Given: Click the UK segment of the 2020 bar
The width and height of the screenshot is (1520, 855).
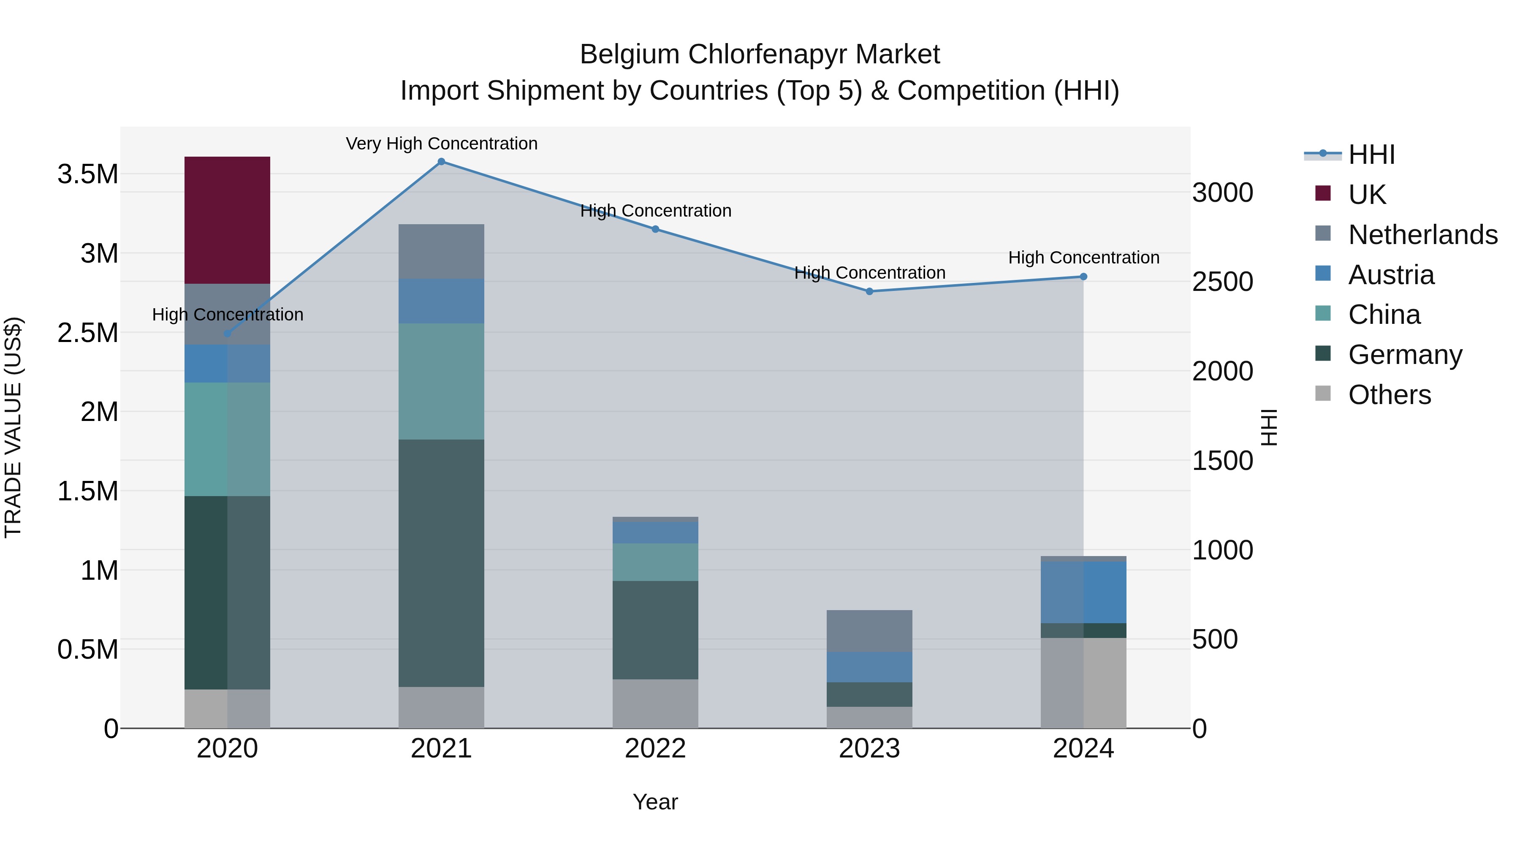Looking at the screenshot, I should pos(227,220).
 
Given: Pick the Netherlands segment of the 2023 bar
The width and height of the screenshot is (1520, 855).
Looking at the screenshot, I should pos(869,631).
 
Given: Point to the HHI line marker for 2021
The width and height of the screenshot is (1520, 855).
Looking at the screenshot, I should pos(441,162).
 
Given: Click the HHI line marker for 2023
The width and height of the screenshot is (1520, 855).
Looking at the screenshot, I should pos(869,291).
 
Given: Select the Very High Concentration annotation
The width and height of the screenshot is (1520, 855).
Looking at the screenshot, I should pos(441,144).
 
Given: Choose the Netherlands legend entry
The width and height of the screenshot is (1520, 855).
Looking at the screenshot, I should pos(1422,235).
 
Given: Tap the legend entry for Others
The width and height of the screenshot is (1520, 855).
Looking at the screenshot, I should pos(1389,395).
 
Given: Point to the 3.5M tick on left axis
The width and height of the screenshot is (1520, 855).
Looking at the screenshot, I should pos(88,175).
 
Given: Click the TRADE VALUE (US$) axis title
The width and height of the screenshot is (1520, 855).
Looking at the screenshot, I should pos(14,427).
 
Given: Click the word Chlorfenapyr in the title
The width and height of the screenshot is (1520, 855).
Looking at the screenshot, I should pos(760,55).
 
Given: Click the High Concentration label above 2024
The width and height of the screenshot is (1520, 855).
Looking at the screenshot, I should pos(1083,258).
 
